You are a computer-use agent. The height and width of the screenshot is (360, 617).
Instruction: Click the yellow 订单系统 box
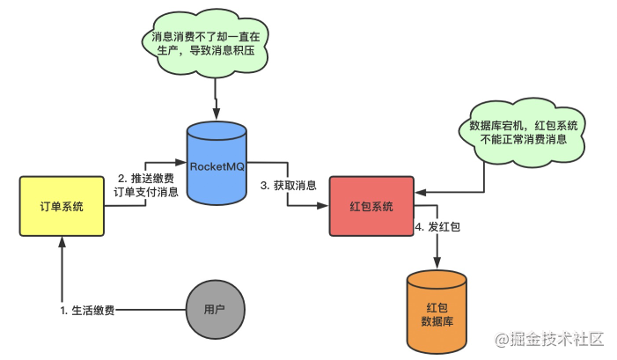pyautogui.click(x=62, y=206)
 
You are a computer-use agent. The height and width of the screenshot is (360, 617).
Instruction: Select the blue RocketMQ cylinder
pyautogui.click(x=217, y=164)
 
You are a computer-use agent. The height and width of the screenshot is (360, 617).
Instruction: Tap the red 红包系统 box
pyautogui.click(x=371, y=206)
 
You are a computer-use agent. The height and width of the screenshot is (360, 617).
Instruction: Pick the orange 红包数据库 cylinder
pyautogui.click(x=437, y=312)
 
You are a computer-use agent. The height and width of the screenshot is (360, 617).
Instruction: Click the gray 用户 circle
pyautogui.click(x=216, y=309)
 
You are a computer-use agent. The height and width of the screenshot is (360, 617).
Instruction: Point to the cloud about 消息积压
pyautogui.click(x=205, y=43)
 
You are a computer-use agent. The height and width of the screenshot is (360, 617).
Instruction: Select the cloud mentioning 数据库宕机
pyautogui.click(x=522, y=133)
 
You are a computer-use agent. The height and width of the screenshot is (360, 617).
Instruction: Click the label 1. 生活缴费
pyautogui.click(x=87, y=311)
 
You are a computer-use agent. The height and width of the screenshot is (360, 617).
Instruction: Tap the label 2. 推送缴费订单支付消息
pyautogui.click(x=146, y=185)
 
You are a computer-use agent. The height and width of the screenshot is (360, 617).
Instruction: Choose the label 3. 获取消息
pyautogui.click(x=289, y=186)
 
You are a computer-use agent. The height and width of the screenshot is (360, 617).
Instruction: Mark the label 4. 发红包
pyautogui.click(x=437, y=227)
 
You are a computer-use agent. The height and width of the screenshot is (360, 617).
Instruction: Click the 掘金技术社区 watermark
pyautogui.click(x=549, y=339)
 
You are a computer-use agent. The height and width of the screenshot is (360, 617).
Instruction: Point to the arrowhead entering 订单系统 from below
pyautogui.click(x=62, y=241)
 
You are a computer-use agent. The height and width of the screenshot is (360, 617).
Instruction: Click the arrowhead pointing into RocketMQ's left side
pyautogui.click(x=181, y=162)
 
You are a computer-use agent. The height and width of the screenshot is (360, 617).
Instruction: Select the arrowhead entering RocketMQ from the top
pyautogui.click(x=216, y=114)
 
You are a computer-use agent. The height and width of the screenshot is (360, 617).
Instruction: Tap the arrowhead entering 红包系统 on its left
pyautogui.click(x=323, y=205)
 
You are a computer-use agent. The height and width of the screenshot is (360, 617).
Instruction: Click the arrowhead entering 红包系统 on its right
pyautogui.click(x=421, y=192)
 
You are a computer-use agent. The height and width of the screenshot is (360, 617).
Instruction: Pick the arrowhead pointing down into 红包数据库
pyautogui.click(x=437, y=263)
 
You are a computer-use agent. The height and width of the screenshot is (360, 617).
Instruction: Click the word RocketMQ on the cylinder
pyautogui.click(x=217, y=166)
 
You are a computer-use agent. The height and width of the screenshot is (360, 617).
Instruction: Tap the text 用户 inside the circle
pyautogui.click(x=215, y=309)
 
